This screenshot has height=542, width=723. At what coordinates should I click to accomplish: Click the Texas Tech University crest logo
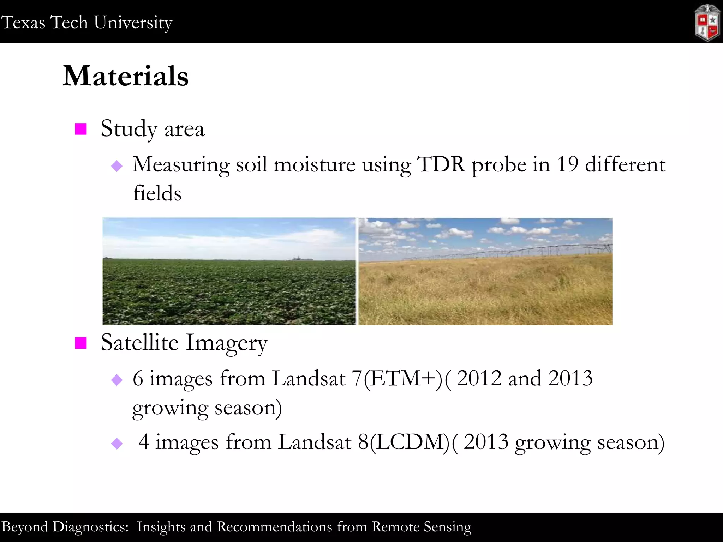(x=707, y=23)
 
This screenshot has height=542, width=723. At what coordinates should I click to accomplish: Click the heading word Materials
(x=126, y=76)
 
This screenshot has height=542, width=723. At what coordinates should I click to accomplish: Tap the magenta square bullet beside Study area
(x=81, y=129)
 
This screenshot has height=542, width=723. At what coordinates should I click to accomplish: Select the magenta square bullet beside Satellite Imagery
(x=81, y=343)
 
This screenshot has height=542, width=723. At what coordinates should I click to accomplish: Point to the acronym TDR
(x=441, y=164)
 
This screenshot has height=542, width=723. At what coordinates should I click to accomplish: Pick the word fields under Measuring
(x=157, y=193)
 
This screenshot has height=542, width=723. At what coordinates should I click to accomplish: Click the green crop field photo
(x=229, y=272)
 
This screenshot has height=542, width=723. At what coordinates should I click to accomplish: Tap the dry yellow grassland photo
(x=485, y=289)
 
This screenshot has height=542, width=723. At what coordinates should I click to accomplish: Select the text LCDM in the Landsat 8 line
(x=410, y=442)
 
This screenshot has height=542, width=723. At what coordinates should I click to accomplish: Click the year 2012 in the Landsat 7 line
(x=479, y=379)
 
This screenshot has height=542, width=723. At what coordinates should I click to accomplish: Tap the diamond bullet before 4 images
(x=117, y=444)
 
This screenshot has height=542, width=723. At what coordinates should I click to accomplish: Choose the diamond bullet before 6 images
(x=117, y=380)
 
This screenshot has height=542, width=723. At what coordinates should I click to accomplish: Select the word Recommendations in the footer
(x=275, y=527)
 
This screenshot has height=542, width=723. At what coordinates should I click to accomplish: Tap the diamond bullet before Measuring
(x=117, y=166)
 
